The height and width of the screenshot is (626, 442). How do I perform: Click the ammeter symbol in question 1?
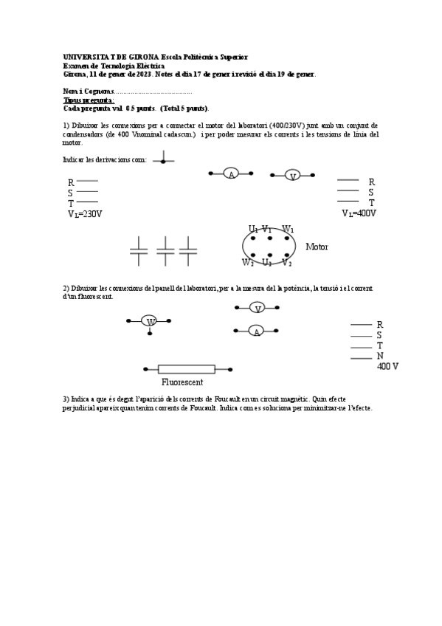coord(231,174)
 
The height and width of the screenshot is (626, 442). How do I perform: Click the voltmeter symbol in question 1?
coord(292,176)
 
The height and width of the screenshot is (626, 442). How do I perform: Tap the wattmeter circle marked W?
coord(150,321)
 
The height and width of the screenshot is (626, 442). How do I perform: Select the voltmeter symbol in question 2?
coord(256,308)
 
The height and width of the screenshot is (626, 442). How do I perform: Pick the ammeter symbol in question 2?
coord(256,331)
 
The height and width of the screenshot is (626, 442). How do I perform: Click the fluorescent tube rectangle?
coord(187,369)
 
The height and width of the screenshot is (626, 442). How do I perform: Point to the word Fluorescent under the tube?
coord(182,382)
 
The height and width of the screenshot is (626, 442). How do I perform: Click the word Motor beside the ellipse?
coord(317,247)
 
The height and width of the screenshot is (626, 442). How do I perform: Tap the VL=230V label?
coord(85,214)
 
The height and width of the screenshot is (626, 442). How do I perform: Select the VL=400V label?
coord(359,213)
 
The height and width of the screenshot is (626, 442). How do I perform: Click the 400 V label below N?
coord(387,366)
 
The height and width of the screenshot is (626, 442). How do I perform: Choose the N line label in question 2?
coord(380,356)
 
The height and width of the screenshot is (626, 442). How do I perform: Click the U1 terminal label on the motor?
coord(253,229)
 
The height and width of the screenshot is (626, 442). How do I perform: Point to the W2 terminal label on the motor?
coord(247,262)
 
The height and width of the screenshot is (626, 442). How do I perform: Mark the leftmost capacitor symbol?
coord(139,251)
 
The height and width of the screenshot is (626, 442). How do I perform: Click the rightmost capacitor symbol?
coord(189,251)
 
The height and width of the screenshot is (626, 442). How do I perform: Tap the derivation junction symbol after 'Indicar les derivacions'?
coord(164,159)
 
